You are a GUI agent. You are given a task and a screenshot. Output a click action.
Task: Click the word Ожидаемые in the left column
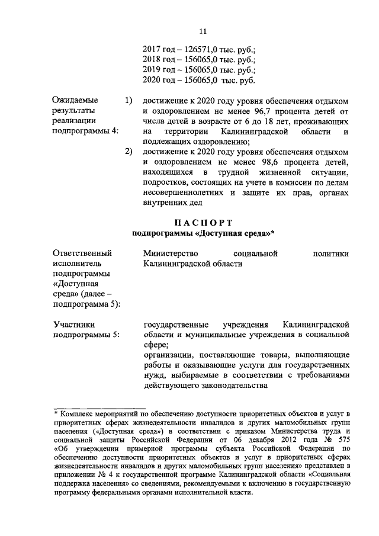[76, 101]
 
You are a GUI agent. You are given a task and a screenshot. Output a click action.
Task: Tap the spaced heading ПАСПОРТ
[203, 223]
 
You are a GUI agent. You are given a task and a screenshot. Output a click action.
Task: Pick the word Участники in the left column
[74, 325]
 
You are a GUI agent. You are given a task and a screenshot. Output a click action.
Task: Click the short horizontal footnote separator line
[99, 406]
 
